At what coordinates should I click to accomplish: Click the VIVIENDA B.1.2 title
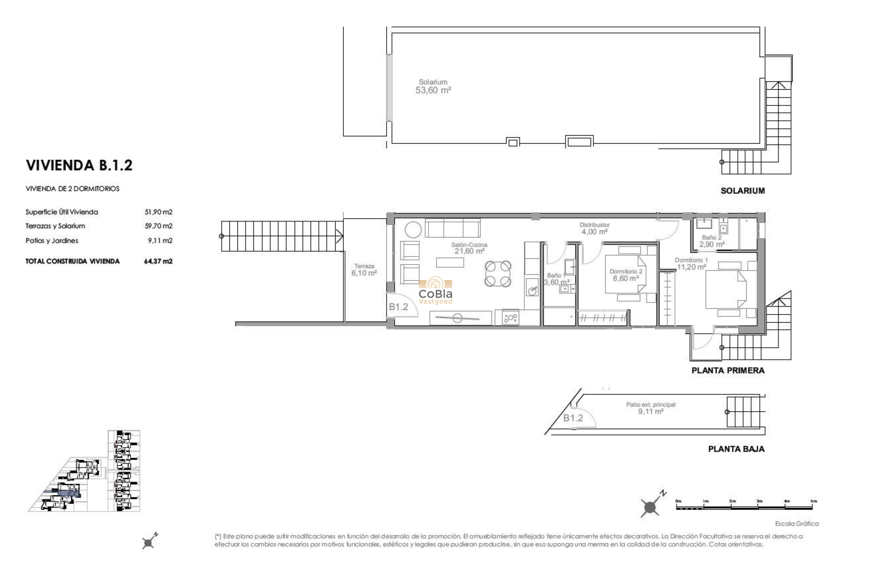coord(79,165)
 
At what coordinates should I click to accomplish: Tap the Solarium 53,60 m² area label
coord(433,87)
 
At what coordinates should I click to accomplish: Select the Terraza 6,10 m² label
coord(364,270)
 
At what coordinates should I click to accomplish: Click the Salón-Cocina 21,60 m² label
coord(469,248)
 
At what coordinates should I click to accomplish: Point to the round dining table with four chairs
coord(498,274)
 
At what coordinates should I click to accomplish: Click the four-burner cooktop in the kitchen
coord(511,318)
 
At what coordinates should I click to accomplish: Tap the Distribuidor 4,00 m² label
coord(594,228)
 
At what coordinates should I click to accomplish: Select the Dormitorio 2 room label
coord(626,275)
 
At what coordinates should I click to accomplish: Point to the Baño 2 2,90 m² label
coord(711,241)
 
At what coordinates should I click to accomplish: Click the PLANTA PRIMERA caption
coord(728,370)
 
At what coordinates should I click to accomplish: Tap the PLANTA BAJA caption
coord(736,449)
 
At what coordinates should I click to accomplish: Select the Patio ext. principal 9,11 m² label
coord(651,408)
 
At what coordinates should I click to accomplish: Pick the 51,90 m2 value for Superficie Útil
coord(158,212)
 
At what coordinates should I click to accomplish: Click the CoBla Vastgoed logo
coord(435,291)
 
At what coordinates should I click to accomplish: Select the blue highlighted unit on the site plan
coord(69,493)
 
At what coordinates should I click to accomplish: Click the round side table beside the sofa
coord(413,230)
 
